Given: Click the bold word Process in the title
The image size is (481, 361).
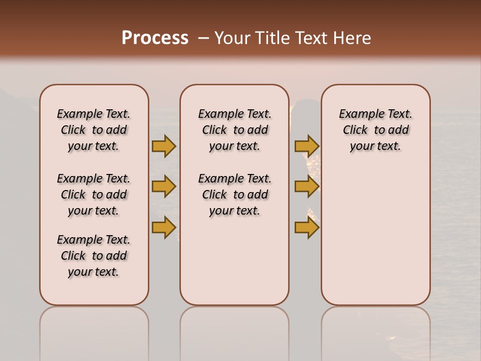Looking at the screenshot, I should coord(155,38).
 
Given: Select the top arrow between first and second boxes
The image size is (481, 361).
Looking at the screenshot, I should coord(163,146).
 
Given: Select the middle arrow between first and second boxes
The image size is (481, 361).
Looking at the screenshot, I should coord(163,187).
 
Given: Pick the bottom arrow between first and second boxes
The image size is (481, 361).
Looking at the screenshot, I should coord(163,228).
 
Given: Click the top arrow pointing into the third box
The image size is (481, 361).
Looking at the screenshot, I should coord(307,146).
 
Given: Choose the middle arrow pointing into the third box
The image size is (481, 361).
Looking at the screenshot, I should coord(307,187).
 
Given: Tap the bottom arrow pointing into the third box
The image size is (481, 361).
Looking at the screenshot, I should coord(307,228).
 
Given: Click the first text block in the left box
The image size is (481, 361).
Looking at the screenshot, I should coord(94,130).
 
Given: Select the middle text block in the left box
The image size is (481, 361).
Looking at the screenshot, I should coord(94,195).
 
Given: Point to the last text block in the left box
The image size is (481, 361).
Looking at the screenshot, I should coord(94,256).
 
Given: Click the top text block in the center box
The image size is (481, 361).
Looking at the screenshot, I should coord(234,130).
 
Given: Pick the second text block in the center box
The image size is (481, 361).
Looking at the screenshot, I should coord(234,195).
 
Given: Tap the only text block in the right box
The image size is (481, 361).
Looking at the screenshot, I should coord(375,130).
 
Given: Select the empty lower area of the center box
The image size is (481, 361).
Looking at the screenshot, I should coord(234,261).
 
